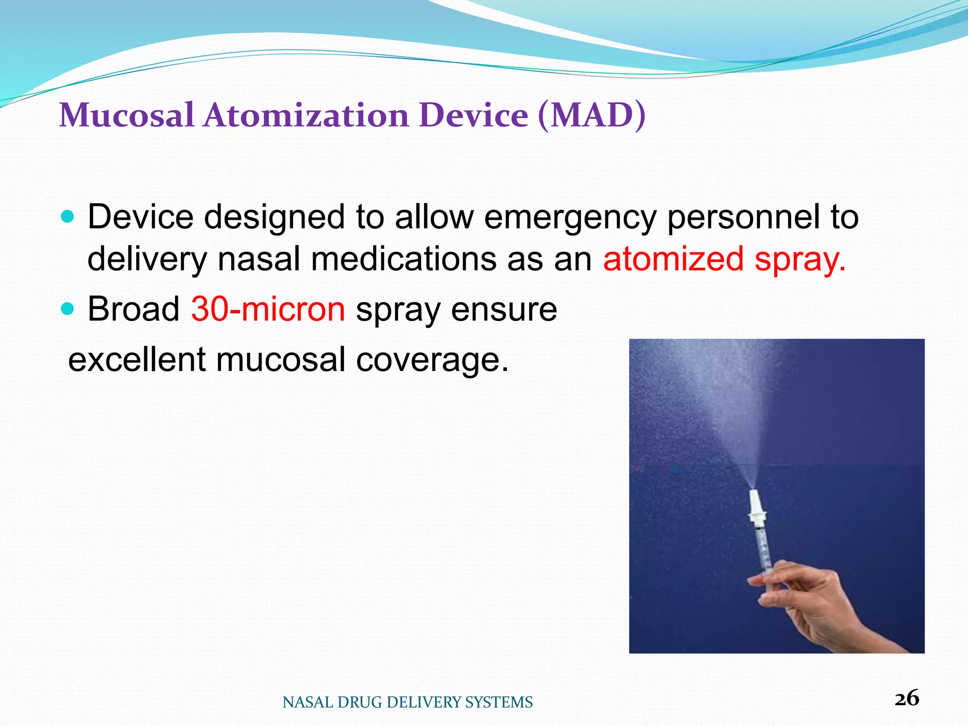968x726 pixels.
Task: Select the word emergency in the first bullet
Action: tap(570, 217)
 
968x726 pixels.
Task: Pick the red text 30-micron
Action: tap(268, 309)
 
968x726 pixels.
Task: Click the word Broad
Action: tap(134, 309)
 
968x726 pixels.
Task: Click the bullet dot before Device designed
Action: tap(68, 217)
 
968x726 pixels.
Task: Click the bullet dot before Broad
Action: tap(68, 309)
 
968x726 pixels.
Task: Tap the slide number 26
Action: tap(907, 699)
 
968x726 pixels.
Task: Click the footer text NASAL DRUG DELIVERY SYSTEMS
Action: tap(407, 702)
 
